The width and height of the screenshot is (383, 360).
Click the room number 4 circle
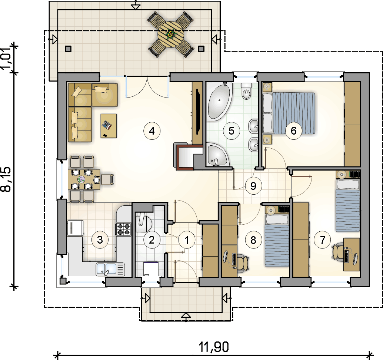pos(152,131)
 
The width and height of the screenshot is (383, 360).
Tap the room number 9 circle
pos(253,186)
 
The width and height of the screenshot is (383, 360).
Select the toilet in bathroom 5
pos(246,91)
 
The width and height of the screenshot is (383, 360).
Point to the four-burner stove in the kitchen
pos(123,229)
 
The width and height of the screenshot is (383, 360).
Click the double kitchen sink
pos(110,269)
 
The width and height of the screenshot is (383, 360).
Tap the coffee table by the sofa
pos(109,126)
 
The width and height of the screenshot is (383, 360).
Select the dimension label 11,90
pos(214,347)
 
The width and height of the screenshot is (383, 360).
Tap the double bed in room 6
pos(289,113)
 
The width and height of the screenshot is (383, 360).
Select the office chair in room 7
pos(338,251)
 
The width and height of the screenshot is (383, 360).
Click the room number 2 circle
pos(151,240)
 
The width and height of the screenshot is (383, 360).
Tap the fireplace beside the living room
pos(188,156)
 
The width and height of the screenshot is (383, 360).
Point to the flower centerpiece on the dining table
pos(81,179)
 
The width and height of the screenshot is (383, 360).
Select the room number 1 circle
pos(187,240)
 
